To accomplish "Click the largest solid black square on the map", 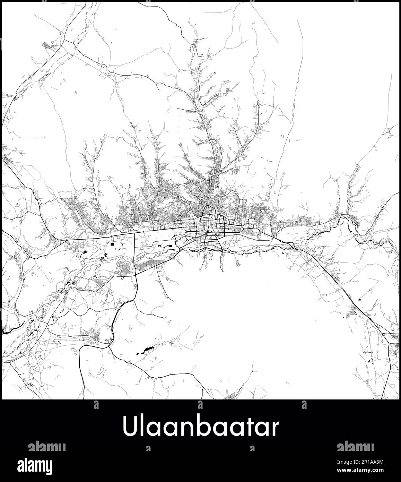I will click(113, 244).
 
